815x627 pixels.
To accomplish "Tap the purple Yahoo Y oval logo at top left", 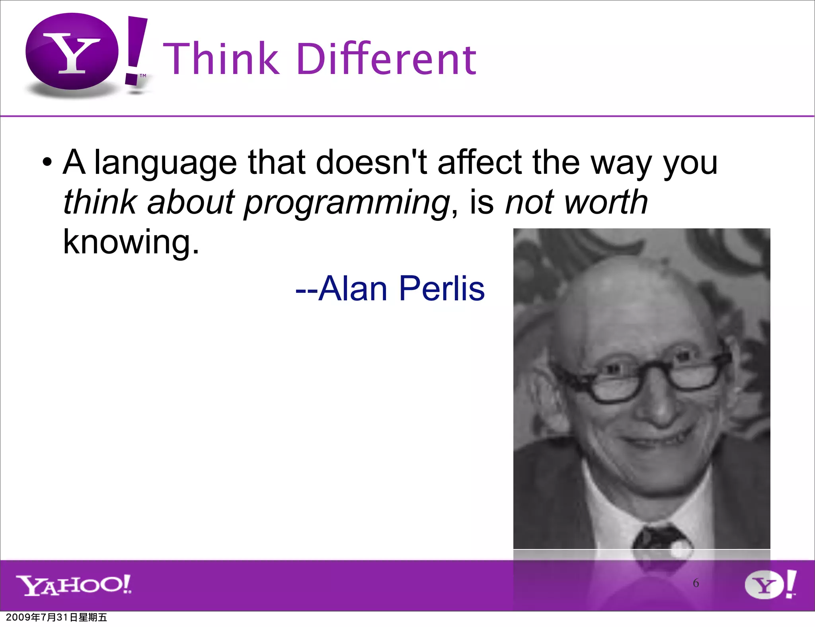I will point(72,52).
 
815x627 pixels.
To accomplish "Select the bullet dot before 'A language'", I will point(47,163).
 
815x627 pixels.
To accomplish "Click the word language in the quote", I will point(165,163).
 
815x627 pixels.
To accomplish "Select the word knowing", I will point(131,242).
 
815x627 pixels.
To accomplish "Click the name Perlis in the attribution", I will point(442,288).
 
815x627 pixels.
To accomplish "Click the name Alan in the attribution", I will point(353,288).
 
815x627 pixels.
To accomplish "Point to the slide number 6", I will point(696,583).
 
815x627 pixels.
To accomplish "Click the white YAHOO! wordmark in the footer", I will point(74,585).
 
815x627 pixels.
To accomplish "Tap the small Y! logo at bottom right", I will point(770,584).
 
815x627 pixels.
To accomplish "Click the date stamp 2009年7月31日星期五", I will point(57,617).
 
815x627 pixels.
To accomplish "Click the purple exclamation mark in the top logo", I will point(136,50).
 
